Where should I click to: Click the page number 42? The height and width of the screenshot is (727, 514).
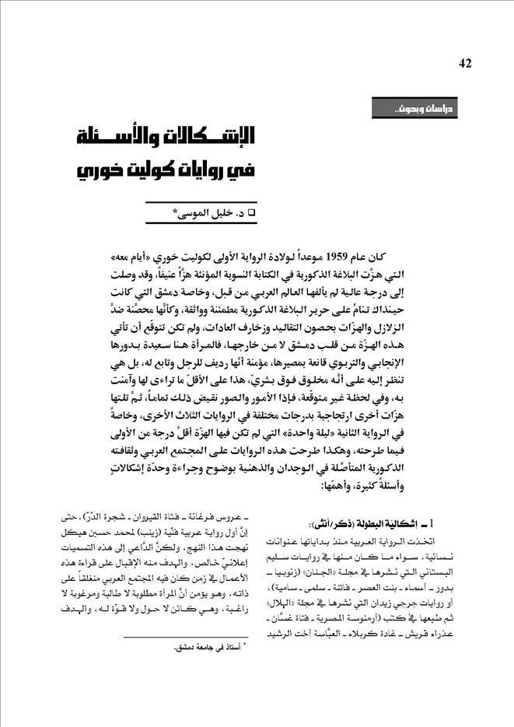(467, 63)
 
